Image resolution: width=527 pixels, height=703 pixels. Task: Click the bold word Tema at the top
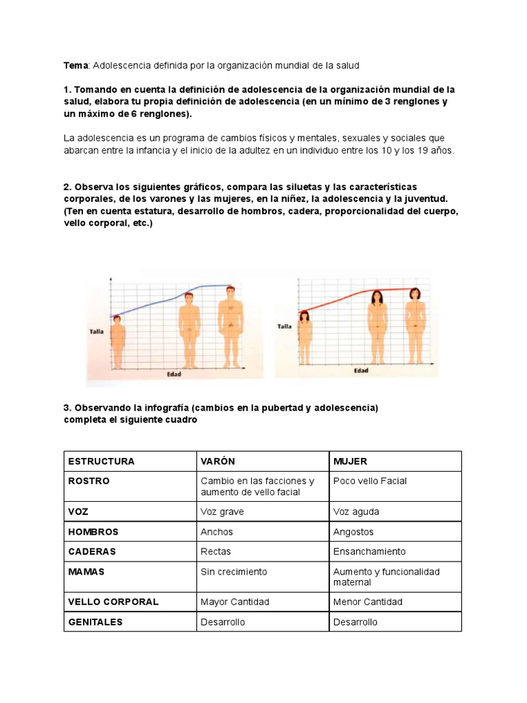[75, 65]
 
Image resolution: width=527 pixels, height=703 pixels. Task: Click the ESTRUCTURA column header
[101, 461]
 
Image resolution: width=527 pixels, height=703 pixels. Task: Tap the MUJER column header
[351, 461]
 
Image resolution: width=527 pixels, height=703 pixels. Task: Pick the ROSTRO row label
[89, 481]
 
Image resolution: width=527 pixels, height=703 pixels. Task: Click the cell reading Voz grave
[222, 512]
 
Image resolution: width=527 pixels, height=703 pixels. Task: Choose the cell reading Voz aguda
[356, 512]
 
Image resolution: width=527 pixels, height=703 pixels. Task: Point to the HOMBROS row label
[93, 532]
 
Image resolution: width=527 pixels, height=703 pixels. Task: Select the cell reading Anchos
[217, 532]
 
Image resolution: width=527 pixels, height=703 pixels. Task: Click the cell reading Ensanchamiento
[369, 552]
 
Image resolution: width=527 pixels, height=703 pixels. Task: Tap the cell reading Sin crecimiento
[234, 572]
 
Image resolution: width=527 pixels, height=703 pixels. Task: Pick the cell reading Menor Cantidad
[368, 602]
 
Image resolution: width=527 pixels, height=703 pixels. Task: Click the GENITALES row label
[95, 622]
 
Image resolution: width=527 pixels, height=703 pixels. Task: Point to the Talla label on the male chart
[97, 332]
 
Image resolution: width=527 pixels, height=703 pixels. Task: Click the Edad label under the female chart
[361, 371]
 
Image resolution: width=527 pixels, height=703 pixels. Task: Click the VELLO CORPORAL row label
[113, 602]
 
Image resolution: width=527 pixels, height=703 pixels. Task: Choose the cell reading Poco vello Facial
[370, 481]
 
